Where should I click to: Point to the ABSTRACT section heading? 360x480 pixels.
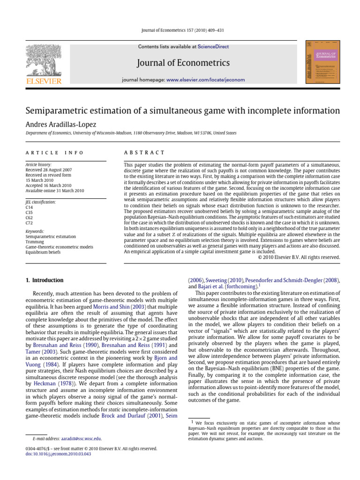point(144,153)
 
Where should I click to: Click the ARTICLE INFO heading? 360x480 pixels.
point(54,153)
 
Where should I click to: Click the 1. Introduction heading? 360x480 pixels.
point(45,280)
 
